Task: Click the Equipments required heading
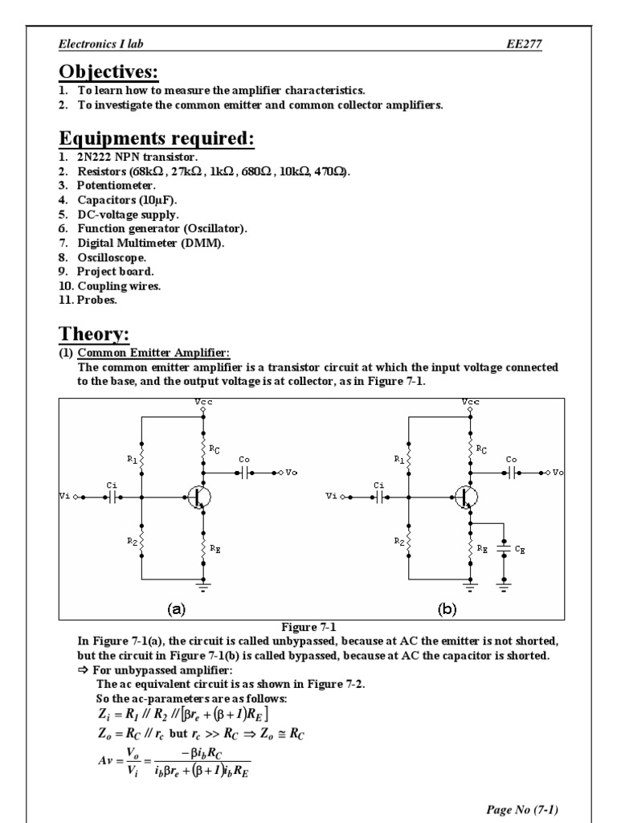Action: (157, 139)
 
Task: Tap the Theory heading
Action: (95, 334)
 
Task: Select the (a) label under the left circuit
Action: (175, 608)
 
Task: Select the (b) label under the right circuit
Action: (447, 608)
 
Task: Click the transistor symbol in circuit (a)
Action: (198, 497)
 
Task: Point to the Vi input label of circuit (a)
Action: (66, 497)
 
